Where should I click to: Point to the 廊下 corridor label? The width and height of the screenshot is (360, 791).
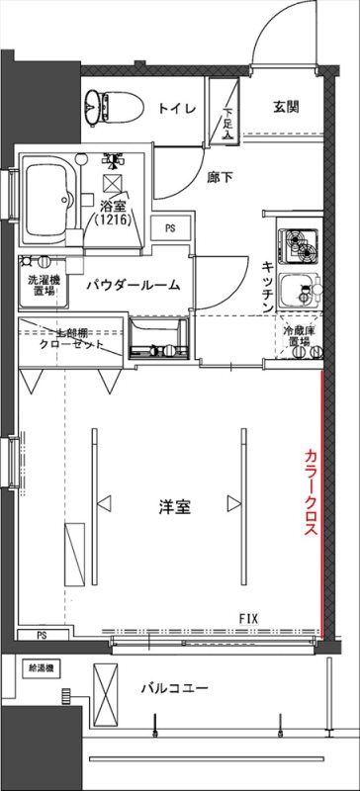click(x=220, y=178)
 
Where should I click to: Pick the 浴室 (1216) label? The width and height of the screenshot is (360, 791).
click(x=117, y=213)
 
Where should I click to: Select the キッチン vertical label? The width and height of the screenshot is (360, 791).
click(x=268, y=287)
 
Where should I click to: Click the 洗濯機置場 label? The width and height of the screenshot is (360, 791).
click(x=43, y=286)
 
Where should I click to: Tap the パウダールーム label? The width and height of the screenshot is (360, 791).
click(x=132, y=286)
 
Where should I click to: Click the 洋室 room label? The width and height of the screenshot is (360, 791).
click(x=174, y=507)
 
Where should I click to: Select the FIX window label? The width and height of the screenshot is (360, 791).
click(x=249, y=619)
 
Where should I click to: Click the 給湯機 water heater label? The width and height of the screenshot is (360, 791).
click(x=41, y=667)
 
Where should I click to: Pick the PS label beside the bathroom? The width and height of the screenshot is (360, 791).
click(x=170, y=228)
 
